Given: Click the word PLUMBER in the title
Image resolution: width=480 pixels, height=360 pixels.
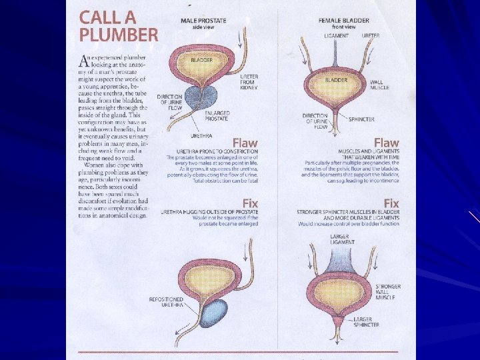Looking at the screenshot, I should [119, 34].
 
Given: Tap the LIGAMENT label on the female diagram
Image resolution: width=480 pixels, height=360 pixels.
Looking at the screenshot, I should [337, 35].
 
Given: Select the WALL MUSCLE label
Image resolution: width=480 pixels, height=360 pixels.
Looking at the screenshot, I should [379, 85].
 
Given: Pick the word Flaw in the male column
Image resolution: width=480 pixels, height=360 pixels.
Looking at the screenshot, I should [245, 143].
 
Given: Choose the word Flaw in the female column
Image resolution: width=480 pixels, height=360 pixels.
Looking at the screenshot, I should [386, 143].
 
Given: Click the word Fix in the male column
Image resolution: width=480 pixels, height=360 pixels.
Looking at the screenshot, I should [250, 203].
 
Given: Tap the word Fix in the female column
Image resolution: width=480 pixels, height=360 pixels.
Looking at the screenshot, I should [391, 203].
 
